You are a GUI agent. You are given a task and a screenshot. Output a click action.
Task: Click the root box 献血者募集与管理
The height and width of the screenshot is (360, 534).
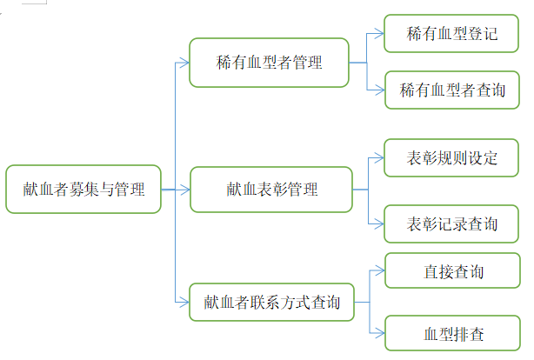pyautogui.click(x=83, y=189)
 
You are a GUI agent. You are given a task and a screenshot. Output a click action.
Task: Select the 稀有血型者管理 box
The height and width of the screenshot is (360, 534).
pyautogui.click(x=269, y=63)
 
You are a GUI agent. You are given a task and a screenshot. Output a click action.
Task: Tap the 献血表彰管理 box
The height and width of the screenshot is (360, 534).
pyautogui.click(x=270, y=189)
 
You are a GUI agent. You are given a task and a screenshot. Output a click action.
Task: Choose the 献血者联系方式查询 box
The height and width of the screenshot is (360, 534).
pyautogui.click(x=272, y=303)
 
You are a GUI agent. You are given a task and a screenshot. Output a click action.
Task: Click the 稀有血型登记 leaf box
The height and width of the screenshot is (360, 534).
pyautogui.click(x=452, y=35)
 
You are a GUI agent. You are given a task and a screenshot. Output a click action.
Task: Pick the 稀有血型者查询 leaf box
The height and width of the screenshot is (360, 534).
pyautogui.click(x=452, y=90)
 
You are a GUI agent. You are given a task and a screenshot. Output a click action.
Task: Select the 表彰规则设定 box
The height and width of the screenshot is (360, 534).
pyautogui.click(x=452, y=158)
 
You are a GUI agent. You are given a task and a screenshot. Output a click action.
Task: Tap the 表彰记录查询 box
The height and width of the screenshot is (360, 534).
pyautogui.click(x=452, y=223)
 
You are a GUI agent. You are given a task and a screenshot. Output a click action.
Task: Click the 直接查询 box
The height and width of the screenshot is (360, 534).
pyautogui.click(x=452, y=270)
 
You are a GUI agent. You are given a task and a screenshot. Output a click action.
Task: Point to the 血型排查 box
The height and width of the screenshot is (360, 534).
pyautogui.click(x=452, y=332)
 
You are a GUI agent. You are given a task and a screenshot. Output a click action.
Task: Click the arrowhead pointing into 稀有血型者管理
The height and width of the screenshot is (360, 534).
pyautogui.click(x=184, y=63)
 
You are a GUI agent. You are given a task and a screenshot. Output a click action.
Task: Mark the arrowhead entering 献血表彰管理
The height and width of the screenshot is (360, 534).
pyautogui.click(x=184, y=189)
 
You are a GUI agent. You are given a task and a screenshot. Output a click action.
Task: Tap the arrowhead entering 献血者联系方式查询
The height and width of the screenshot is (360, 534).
pyautogui.click(x=184, y=303)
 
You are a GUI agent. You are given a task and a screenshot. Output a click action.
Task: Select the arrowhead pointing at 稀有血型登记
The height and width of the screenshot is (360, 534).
pyautogui.click(x=379, y=35)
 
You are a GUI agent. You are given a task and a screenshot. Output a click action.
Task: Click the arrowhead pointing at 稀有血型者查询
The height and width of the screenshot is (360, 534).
pyautogui.click(x=379, y=90)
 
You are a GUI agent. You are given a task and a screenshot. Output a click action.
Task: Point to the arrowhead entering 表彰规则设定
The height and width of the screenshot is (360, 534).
pyautogui.click(x=379, y=158)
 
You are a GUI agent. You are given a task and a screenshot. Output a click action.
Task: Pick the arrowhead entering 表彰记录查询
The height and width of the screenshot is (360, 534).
pyautogui.click(x=379, y=223)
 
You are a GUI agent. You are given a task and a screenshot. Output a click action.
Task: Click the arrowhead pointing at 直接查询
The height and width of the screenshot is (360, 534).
pyautogui.click(x=379, y=270)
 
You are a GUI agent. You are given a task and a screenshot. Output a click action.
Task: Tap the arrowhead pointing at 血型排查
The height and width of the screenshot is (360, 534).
pyautogui.click(x=379, y=332)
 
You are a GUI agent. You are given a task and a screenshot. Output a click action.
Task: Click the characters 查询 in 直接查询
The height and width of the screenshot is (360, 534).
pyautogui.click(x=468, y=270)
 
